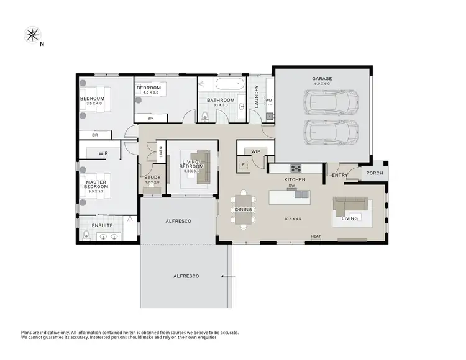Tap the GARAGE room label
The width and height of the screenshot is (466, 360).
(x=322, y=79)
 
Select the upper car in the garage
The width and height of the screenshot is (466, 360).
(x=331, y=101)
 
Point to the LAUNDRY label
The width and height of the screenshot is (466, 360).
(x=256, y=97)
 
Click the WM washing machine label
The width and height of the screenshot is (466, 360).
(x=269, y=100)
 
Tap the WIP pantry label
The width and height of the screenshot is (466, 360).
(x=255, y=151)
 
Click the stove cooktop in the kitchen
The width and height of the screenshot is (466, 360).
(x=296, y=168)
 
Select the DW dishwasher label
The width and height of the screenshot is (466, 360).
(x=291, y=184)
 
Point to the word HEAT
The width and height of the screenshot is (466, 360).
(x=316, y=236)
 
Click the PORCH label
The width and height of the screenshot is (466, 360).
(x=374, y=173)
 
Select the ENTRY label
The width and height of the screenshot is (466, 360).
(x=340, y=176)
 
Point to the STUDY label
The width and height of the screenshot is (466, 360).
(x=152, y=178)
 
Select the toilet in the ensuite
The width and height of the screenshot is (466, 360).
(x=87, y=235)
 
